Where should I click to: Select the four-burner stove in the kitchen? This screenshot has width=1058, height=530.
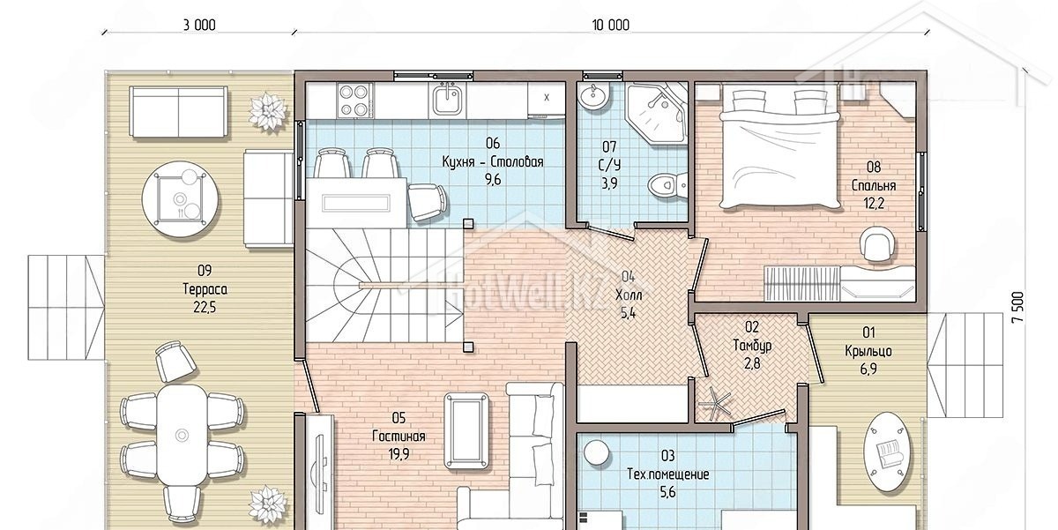(x=354, y=100)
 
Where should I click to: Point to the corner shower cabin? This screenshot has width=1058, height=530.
(x=657, y=114)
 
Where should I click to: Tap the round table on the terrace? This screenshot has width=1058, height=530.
(x=180, y=199)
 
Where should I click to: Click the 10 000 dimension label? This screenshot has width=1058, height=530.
(x=611, y=25)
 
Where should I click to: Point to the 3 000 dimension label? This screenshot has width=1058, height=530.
(x=199, y=25)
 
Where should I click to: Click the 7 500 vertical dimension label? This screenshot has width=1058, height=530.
(x=1018, y=307)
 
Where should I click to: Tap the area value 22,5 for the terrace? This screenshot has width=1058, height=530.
(x=205, y=308)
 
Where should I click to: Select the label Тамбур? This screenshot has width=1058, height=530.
(x=752, y=346)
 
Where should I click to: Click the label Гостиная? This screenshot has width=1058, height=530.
(x=399, y=436)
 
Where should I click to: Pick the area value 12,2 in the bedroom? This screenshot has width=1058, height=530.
(x=874, y=204)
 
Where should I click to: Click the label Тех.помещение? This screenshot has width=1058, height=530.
(x=668, y=474)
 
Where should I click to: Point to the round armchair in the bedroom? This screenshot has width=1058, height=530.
(x=877, y=243)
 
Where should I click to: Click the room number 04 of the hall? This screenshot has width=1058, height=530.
(x=628, y=277)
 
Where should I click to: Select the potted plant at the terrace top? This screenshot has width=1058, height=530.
(x=268, y=112)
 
